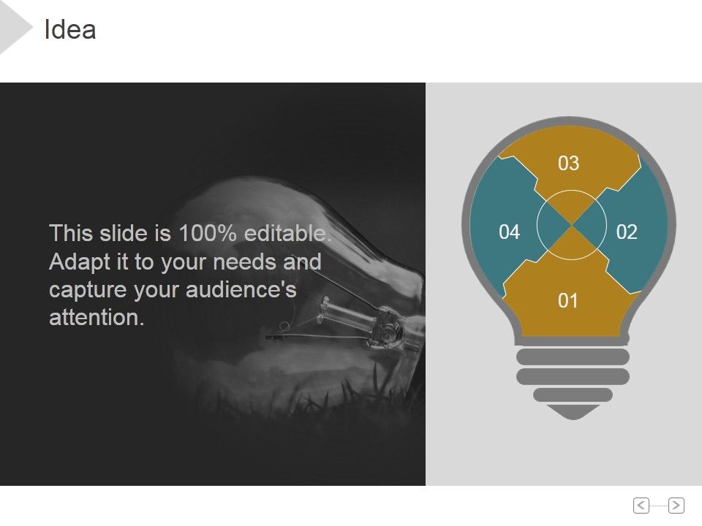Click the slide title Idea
pos(70,30)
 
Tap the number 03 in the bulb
pos(568,164)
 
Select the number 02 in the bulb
pos(627,232)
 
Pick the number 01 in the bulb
pos(568,301)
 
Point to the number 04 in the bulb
pos(509,232)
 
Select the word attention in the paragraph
pos(96,318)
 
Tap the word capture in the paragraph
pos(88,290)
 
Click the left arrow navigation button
pos(641,505)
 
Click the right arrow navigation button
pos(676,505)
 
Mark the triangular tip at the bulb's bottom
pos(573,412)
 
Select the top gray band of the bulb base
pos(573,357)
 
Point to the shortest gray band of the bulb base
pos(573,394)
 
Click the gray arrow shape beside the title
pos(15,28)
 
